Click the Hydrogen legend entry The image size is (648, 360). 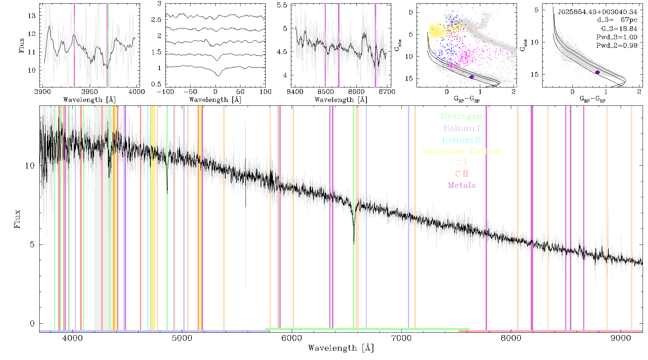pos(461,116)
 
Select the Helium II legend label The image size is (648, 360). pos(461,140)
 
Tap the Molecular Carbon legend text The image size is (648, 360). pos(462,151)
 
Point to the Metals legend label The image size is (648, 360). pos(462,185)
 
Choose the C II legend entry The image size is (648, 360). pos(462,174)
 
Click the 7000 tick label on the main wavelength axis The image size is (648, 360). pos(401,338)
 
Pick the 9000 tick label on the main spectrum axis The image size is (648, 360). pos(620,338)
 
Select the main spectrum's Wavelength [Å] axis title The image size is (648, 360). pos(341,348)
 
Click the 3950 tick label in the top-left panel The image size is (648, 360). pos(89,91)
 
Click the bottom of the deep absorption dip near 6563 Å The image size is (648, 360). pos(354,244)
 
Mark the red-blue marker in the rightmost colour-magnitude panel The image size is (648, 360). pos(597,72)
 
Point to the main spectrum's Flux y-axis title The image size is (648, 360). pos(17,219)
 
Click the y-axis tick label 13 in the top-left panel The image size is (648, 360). pos(32,15)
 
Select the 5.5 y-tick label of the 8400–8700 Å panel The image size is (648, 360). pos(283,5)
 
